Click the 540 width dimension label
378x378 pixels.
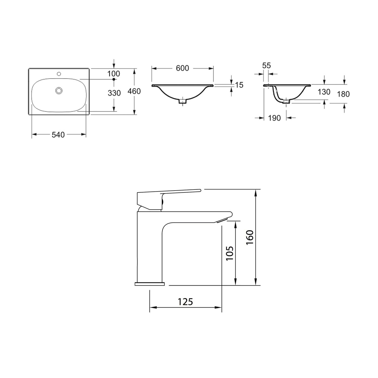pos(58,134)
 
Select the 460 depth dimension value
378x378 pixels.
pos(134,92)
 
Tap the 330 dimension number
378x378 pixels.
pos(114,93)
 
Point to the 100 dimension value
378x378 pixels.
pos(114,73)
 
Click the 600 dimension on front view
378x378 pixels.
pos(183,68)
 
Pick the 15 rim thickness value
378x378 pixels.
pos(239,85)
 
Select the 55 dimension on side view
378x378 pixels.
pos(266,66)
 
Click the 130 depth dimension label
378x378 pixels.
pos(324,92)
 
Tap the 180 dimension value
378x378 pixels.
pos(343,94)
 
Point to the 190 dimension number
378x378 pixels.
pos(275,118)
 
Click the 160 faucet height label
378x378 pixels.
pos(250,237)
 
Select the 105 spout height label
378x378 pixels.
pos(229,253)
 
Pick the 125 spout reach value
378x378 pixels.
pos(185,302)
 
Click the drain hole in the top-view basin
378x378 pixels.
pos(59,90)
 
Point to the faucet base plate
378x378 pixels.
pos(149,284)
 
